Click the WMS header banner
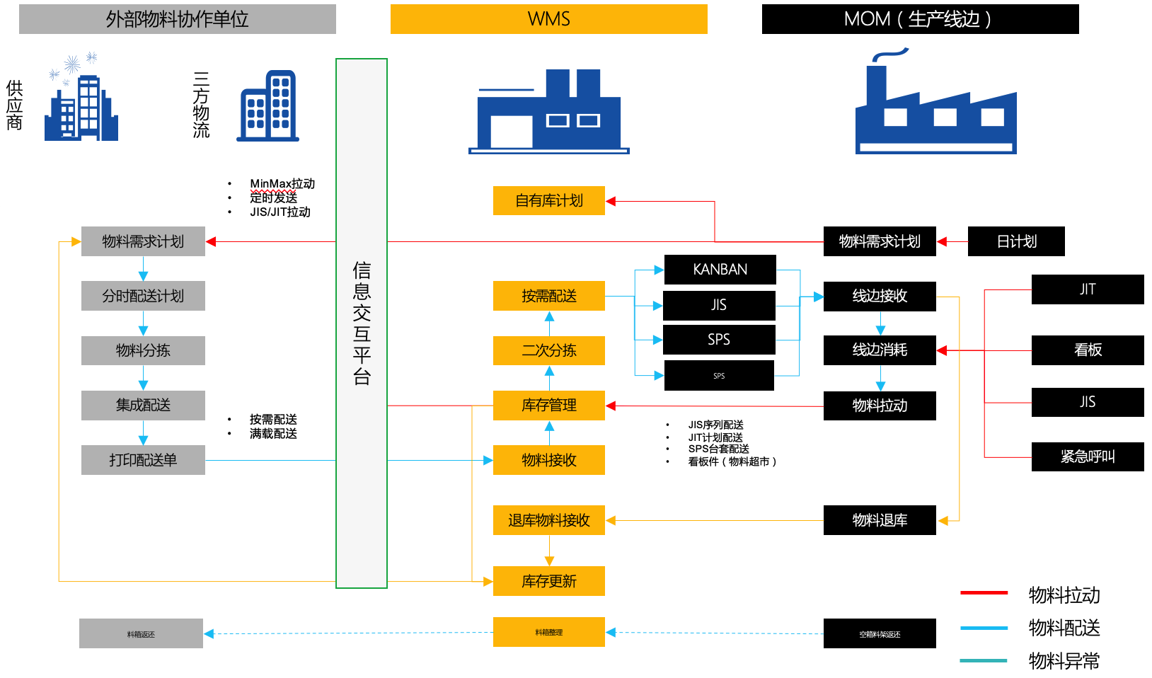tap(548, 19)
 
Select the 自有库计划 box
tap(548, 200)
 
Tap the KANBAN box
tap(720, 270)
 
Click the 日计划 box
tap(1015, 241)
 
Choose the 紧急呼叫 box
tap(1087, 456)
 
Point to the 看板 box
tap(1087, 350)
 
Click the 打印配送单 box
tap(143, 460)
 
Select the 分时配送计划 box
tap(143, 296)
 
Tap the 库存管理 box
tap(548, 406)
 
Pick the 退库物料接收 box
tap(548, 520)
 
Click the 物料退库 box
tap(879, 520)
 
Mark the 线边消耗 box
tap(879, 350)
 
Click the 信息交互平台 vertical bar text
tap(362, 323)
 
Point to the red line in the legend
tap(984, 592)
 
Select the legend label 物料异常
tap(1064, 661)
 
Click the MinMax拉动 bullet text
tap(282, 184)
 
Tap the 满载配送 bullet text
tap(273, 433)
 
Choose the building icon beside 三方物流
tap(268, 106)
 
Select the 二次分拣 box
tap(548, 350)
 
